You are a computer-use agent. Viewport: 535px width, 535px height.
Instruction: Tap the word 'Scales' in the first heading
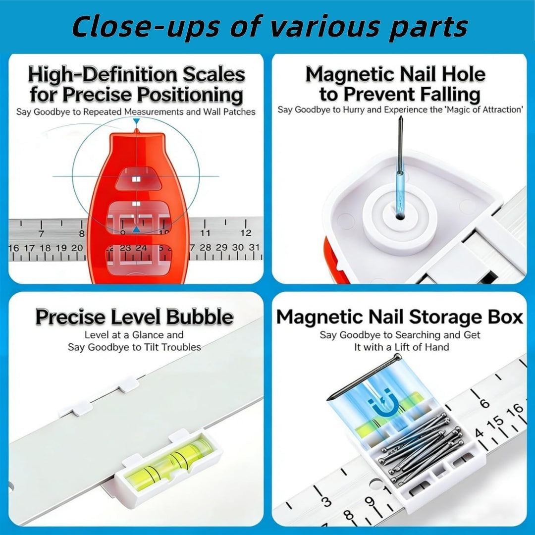[214, 74]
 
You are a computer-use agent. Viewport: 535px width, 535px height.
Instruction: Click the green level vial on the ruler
[169, 464]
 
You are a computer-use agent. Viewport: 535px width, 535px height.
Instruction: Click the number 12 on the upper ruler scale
[246, 233]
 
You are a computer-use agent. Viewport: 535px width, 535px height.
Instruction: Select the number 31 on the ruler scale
[254, 248]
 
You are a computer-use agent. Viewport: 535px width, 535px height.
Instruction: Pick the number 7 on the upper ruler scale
[41, 234]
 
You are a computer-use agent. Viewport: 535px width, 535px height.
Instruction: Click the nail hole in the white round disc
[400, 215]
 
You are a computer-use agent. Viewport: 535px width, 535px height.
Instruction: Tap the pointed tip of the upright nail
[401, 116]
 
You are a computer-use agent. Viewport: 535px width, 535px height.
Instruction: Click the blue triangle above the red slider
[137, 121]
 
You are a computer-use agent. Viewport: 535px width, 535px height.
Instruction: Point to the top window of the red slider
[139, 179]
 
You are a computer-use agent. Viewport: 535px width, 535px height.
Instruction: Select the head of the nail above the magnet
[397, 358]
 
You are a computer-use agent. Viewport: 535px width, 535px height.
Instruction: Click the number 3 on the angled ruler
[326, 502]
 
